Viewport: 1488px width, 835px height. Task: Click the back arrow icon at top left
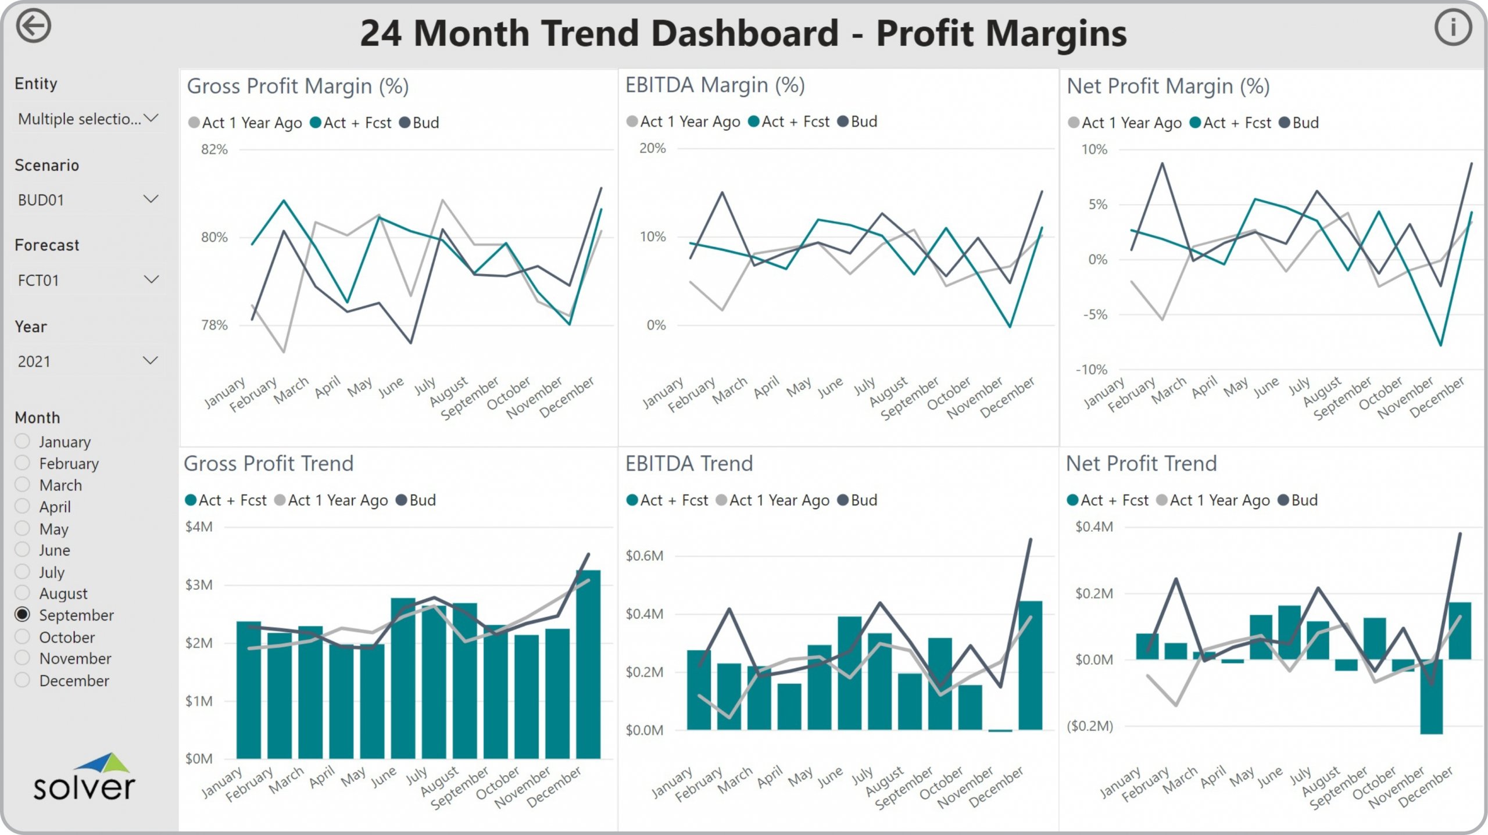[34, 27]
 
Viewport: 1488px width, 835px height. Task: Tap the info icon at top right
[1453, 27]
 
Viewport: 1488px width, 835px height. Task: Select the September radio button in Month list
[23, 614]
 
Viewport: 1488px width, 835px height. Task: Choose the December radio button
[23, 680]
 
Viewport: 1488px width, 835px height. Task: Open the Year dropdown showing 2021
[87, 361]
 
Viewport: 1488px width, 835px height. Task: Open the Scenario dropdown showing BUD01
[87, 200]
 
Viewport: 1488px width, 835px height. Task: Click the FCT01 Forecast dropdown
[87, 280]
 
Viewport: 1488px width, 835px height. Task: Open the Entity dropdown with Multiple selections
[87, 119]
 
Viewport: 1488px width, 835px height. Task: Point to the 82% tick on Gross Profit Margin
[214, 149]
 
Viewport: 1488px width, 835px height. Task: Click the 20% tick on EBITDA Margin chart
[653, 148]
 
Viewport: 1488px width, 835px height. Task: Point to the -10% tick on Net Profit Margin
[1091, 369]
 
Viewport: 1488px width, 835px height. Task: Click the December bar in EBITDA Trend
[1030, 665]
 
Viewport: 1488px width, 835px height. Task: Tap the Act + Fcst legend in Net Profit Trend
[1108, 500]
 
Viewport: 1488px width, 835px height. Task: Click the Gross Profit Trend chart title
[269, 464]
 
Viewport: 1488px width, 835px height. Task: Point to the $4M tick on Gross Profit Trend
[199, 526]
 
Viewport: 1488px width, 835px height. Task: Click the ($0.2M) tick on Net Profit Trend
[1089, 726]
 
